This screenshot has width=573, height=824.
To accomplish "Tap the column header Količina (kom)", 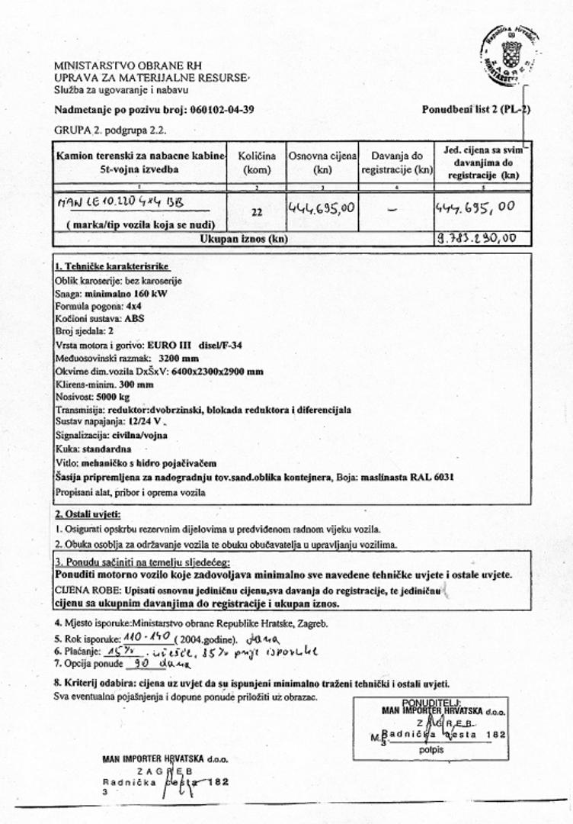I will click(x=257, y=163).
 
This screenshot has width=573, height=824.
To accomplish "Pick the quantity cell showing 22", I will click(x=257, y=213).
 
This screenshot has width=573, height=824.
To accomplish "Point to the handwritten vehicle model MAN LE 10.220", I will click(x=122, y=203).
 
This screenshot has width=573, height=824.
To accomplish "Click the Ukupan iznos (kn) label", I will click(x=244, y=239).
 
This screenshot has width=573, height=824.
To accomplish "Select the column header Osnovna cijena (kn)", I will click(x=322, y=163).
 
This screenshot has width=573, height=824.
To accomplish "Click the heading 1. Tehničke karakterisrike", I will click(x=112, y=266).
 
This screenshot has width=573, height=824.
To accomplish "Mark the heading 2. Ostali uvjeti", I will click(x=88, y=515).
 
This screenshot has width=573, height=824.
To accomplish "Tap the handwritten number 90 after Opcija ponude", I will click(x=139, y=665).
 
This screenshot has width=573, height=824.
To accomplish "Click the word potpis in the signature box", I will click(x=429, y=750).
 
